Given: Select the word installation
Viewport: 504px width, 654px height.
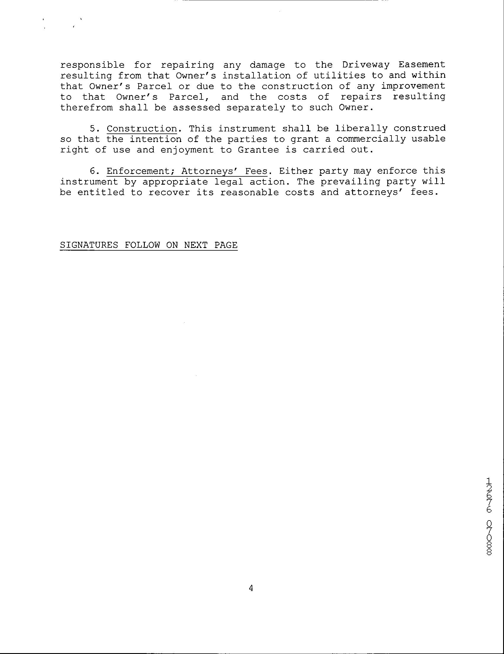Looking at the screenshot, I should point(256,75).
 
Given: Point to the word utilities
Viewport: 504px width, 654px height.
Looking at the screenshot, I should point(339,75).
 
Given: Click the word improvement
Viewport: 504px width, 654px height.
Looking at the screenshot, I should point(413,86).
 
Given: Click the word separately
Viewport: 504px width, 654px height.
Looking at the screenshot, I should point(256,107).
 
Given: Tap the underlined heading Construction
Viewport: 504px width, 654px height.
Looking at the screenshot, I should point(142,129).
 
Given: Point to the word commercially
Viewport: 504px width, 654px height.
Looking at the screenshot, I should point(371,139).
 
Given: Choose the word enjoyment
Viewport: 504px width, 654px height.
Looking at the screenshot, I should point(187,150).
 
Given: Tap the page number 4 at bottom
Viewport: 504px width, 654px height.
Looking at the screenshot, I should point(251,588).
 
